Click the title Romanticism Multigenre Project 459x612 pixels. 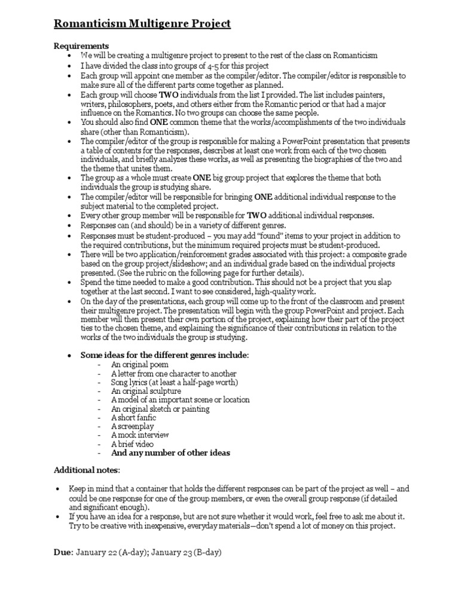click(142, 24)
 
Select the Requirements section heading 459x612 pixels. click(81, 45)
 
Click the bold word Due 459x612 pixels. click(62, 553)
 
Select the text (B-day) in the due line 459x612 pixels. click(207, 553)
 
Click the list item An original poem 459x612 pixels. click(140, 364)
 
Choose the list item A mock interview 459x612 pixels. click(140, 435)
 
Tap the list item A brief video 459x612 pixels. click(132, 444)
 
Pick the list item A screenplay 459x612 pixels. click(132, 426)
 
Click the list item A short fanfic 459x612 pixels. click(134, 417)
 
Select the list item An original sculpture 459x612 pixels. click(146, 390)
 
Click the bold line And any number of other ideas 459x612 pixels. click(170, 453)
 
